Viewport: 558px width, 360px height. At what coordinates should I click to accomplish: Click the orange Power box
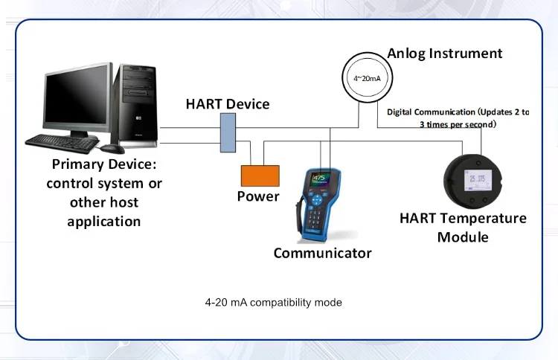click(x=259, y=176)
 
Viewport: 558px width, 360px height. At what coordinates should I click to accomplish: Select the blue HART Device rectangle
click(x=228, y=132)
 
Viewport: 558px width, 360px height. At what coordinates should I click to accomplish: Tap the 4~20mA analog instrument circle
click(x=366, y=77)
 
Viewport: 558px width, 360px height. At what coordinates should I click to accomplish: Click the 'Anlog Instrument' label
click(x=445, y=54)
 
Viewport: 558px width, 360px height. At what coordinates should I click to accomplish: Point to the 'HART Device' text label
click(x=228, y=103)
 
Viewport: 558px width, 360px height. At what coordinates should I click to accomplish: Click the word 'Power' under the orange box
click(x=258, y=196)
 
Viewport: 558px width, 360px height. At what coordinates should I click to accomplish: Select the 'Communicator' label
click(x=322, y=253)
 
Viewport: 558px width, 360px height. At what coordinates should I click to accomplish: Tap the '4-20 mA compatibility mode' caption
click(x=274, y=303)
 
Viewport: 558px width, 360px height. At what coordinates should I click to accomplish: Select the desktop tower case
click(x=138, y=104)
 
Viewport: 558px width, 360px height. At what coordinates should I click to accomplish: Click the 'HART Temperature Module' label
click(x=463, y=228)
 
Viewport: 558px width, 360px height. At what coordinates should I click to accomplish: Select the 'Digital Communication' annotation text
click(x=458, y=118)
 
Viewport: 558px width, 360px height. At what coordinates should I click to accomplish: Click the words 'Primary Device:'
click(x=104, y=164)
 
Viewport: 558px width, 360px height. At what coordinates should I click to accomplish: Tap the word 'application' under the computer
click(x=104, y=221)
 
